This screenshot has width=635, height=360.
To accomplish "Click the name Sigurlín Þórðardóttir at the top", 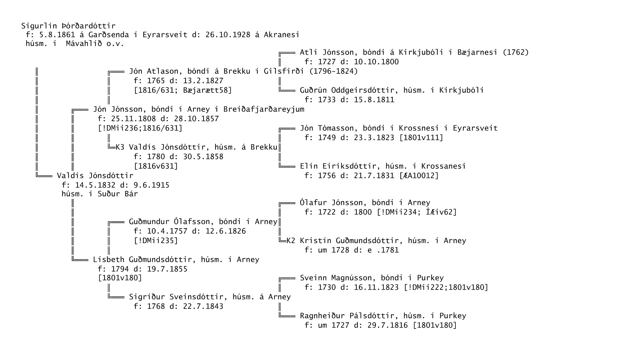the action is click(x=68, y=26).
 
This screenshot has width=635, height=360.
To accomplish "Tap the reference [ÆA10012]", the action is click(x=419, y=176).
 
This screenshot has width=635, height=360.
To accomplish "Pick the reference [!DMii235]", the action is click(x=156, y=241).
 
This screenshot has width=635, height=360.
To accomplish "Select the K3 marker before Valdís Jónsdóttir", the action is click(x=120, y=147).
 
